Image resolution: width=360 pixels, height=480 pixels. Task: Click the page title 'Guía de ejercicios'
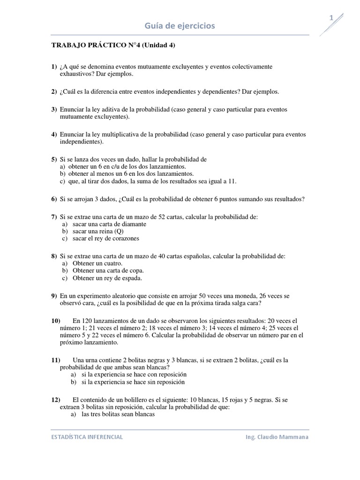pos(180,26)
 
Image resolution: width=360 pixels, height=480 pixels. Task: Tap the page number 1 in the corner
pos(332,18)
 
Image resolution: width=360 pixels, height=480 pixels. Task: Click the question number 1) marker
pos(54,67)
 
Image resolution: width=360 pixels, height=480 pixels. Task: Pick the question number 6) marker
pos(54,199)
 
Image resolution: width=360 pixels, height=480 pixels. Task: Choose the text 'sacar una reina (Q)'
pos(101,231)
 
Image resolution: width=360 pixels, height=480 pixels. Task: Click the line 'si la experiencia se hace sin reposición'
pos(133,382)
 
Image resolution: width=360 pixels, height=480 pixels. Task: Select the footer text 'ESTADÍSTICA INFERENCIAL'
pos(87,437)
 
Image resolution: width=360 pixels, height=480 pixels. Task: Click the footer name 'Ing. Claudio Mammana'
pos(277,437)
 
